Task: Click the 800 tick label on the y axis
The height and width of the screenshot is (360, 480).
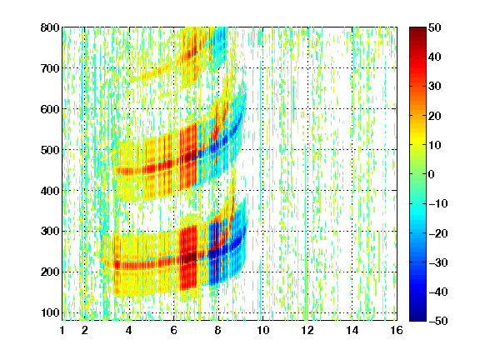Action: (50, 27)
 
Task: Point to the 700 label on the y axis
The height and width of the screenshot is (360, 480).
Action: (50, 68)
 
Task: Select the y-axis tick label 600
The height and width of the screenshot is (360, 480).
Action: (50, 109)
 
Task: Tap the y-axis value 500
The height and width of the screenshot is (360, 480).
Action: (50, 150)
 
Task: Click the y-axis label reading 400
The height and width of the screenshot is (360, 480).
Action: (50, 191)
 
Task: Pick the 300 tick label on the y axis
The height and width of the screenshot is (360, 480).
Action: (50, 232)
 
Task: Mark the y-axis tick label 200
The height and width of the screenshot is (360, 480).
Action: (50, 272)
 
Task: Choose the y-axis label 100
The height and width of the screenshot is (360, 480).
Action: (50, 312)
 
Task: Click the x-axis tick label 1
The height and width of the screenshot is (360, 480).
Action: (62, 330)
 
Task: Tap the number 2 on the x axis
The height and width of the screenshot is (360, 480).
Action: (85, 330)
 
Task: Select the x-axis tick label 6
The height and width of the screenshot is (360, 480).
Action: (174, 330)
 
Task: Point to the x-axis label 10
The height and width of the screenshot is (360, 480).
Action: (263, 330)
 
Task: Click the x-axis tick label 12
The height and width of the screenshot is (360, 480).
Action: (307, 330)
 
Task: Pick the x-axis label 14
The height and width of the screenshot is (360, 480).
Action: (352, 330)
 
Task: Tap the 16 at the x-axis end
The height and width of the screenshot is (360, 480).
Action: (397, 330)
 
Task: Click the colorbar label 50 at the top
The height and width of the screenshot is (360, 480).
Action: (434, 27)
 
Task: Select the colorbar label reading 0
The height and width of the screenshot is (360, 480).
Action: (432, 174)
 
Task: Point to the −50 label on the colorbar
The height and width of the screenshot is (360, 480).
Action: (438, 321)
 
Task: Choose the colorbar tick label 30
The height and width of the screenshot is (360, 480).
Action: (434, 87)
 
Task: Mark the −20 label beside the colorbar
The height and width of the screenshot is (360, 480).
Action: (438, 233)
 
